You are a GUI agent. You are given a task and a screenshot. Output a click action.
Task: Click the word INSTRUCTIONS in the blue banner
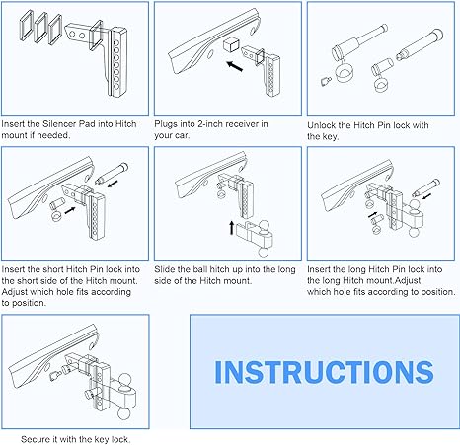point(324,372)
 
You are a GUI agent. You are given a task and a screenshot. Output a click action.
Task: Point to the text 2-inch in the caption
point(208,125)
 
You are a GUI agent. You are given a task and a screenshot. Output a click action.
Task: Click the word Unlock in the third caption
point(327,125)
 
